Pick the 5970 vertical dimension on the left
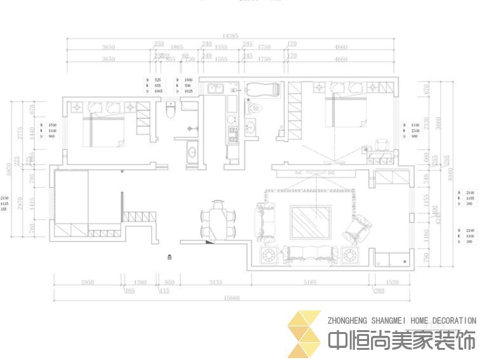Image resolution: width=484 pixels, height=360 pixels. pyautogui.click(x=8, y=167)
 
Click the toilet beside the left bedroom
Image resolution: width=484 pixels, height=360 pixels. pyautogui.click(x=169, y=111)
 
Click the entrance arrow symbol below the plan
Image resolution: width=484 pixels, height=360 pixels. pyautogui.click(x=170, y=257)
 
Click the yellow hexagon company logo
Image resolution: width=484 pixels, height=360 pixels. pyautogui.click(x=304, y=333)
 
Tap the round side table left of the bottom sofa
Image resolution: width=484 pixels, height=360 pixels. pyautogui.click(x=268, y=256)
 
